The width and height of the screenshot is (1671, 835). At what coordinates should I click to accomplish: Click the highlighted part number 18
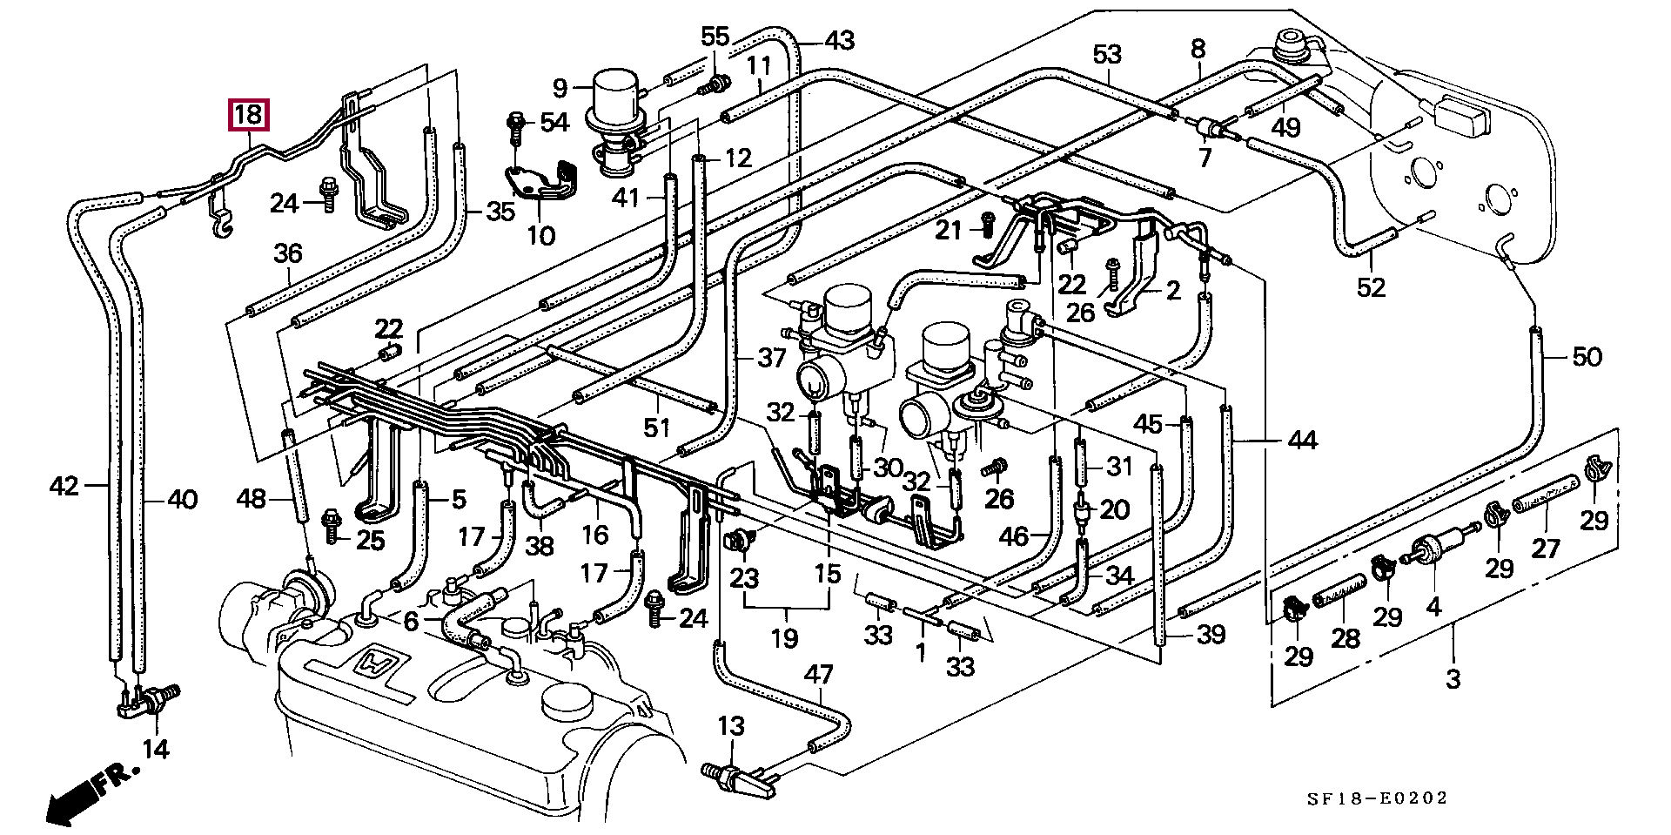point(248,115)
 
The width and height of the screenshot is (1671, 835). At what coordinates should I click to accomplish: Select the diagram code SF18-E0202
point(1378,798)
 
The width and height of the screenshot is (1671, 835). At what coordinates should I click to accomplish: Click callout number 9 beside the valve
point(560,87)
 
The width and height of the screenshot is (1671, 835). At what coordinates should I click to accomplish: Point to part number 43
point(839,40)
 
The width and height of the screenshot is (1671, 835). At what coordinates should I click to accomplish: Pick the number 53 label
point(1107,55)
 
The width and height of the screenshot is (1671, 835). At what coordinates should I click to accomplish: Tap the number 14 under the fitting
point(156,748)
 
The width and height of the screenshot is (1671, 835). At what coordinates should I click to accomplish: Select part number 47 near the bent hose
point(818,675)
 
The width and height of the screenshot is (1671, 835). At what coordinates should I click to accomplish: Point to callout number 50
point(1587,357)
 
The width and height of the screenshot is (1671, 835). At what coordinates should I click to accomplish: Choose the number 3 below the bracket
point(1453,678)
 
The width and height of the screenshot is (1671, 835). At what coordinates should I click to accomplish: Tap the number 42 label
point(65,486)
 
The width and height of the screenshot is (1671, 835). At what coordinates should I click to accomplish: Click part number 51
point(657,427)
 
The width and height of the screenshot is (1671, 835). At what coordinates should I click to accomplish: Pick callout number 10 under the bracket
point(540,235)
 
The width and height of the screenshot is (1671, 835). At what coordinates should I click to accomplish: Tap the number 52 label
point(1371,286)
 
